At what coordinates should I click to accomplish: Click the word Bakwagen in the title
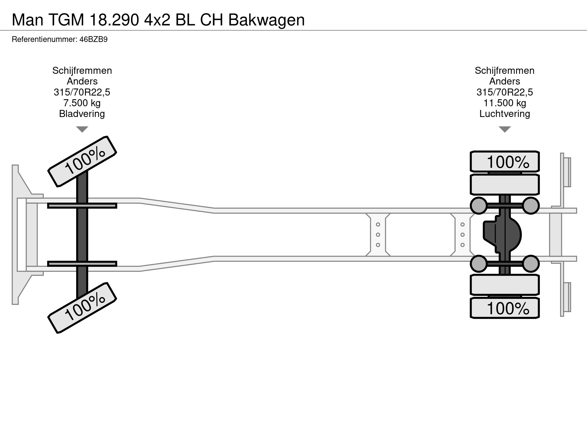click(266, 20)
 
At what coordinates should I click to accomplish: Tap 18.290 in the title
click(114, 20)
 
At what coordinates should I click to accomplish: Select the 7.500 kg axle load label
click(82, 103)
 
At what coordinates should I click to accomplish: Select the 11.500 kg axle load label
click(504, 103)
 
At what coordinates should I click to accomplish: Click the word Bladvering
click(82, 114)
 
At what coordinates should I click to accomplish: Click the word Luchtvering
click(504, 114)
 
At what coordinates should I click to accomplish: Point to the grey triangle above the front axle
click(82, 129)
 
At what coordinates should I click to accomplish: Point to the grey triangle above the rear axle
click(504, 129)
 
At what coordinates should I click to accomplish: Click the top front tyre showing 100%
click(82, 161)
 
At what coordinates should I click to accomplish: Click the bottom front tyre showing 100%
click(82, 308)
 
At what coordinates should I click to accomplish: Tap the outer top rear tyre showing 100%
click(504, 161)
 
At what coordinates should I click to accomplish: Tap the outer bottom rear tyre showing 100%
click(504, 308)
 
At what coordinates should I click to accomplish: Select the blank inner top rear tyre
click(504, 184)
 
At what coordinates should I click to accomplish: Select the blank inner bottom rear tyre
click(504, 285)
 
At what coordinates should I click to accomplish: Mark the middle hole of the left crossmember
click(378, 235)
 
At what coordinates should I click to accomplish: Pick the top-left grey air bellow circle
click(478, 205)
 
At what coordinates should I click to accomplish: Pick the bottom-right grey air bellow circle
click(531, 264)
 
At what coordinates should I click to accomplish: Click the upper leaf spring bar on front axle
click(82, 206)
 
